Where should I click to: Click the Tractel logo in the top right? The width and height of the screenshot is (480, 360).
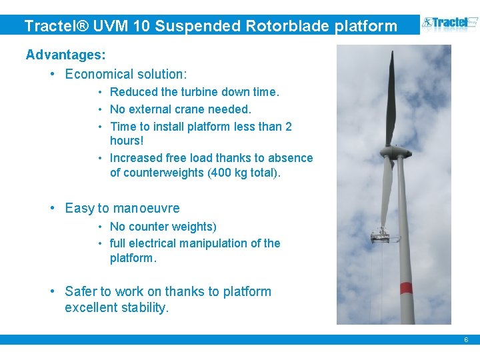450,25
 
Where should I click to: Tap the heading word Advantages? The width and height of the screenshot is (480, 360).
65,55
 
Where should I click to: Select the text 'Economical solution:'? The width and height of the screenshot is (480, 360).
126,74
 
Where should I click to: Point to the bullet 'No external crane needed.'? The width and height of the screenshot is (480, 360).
180,109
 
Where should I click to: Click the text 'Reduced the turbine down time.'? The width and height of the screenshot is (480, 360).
194,92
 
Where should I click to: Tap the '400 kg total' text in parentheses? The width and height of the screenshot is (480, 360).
244,173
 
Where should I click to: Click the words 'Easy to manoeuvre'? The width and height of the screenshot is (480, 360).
122,208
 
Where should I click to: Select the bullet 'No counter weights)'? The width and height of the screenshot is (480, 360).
163,227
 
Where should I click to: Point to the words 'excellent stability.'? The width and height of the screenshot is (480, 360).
117,307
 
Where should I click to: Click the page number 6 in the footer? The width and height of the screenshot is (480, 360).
466,340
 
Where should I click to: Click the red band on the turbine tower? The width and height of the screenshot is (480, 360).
405,289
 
